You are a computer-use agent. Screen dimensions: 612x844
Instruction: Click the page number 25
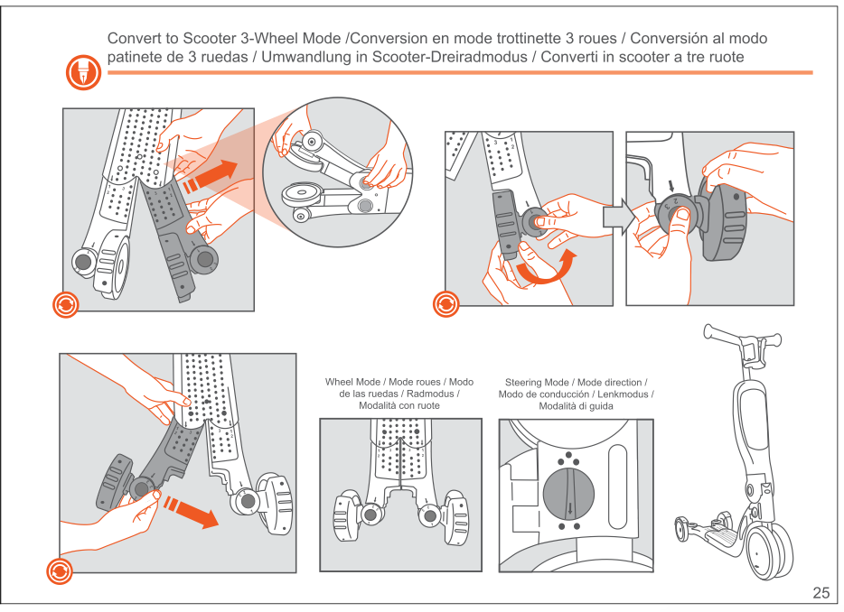[821, 593]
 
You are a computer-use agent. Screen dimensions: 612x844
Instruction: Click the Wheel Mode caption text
[399, 394]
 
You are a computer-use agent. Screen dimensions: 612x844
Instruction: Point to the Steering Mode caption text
[576, 394]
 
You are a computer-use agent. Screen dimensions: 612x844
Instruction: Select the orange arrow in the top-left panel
[210, 176]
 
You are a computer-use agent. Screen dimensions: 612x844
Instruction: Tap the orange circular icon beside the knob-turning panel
[445, 303]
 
